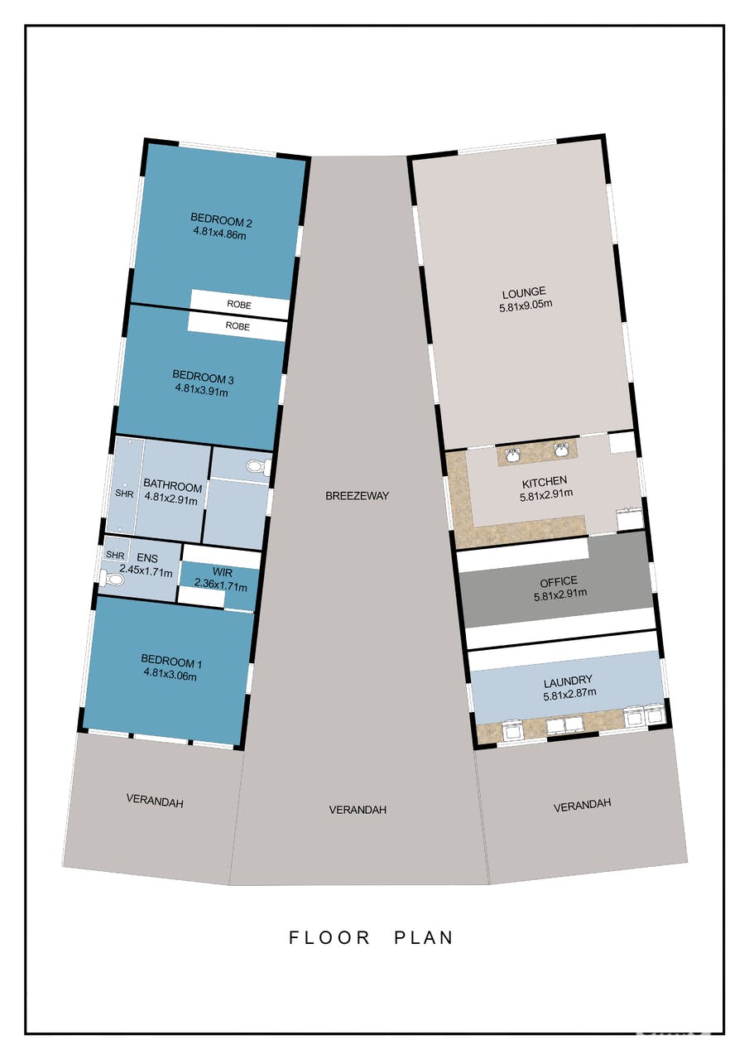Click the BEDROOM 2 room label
click(x=221, y=220)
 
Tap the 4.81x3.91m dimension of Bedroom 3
click(x=201, y=390)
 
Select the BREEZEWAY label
click(x=357, y=495)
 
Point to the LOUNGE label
click(x=524, y=292)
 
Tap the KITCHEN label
click(x=545, y=482)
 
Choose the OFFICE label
click(x=558, y=581)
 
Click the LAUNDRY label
click(x=568, y=681)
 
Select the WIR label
click(x=223, y=572)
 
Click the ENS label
click(x=147, y=558)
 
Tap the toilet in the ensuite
click(x=112, y=578)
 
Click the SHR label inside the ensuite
click(x=115, y=555)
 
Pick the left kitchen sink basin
click(x=513, y=455)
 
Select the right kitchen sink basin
click(x=560, y=450)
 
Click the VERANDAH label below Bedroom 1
click(x=155, y=801)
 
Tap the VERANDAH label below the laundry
click(x=582, y=805)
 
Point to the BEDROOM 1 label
click(x=171, y=661)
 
